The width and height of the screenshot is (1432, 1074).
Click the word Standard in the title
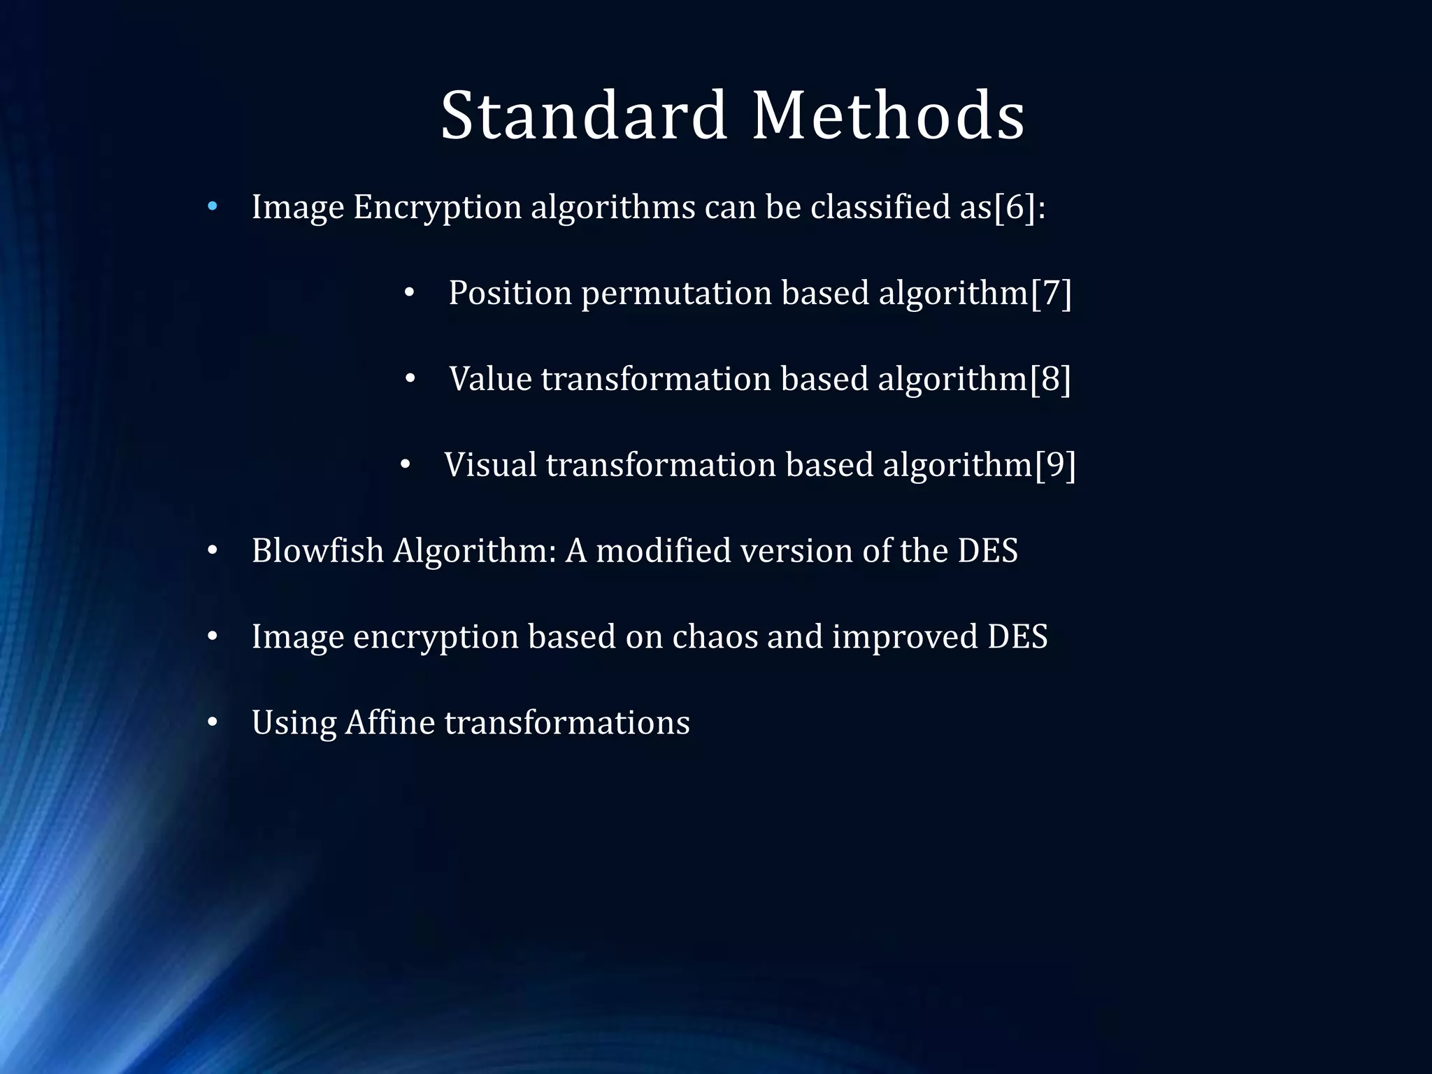pyautogui.click(x=584, y=115)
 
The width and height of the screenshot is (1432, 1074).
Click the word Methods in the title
pyautogui.click(x=888, y=115)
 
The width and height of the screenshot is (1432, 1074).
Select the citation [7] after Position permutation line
pyautogui.click(x=1051, y=292)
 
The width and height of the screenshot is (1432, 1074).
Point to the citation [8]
pyautogui.click(x=1050, y=379)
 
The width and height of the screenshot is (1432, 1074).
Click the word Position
pyautogui.click(x=510, y=292)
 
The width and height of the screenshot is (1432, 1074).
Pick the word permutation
pyautogui.click(x=676, y=294)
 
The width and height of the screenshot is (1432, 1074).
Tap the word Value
pyautogui.click(x=490, y=379)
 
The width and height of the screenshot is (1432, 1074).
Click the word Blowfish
pyautogui.click(x=317, y=551)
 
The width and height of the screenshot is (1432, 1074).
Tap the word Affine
pyautogui.click(x=389, y=723)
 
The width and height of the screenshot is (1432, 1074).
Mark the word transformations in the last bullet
pyautogui.click(x=567, y=723)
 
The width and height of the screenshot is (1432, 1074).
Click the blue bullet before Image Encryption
pyautogui.click(x=213, y=207)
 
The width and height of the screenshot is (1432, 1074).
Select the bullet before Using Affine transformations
pyautogui.click(x=213, y=723)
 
